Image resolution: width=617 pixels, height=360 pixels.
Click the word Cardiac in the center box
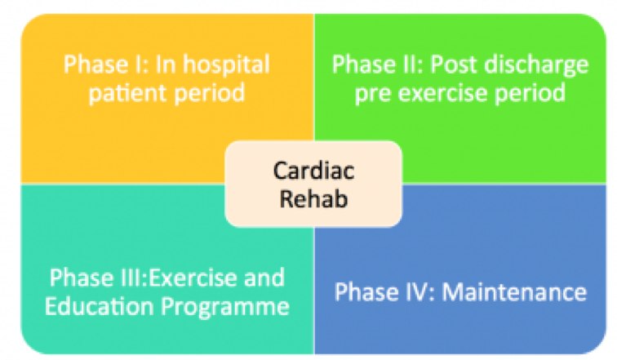point(313,172)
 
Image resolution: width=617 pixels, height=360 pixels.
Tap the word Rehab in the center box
point(313,198)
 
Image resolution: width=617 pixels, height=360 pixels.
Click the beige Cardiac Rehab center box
point(313,185)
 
